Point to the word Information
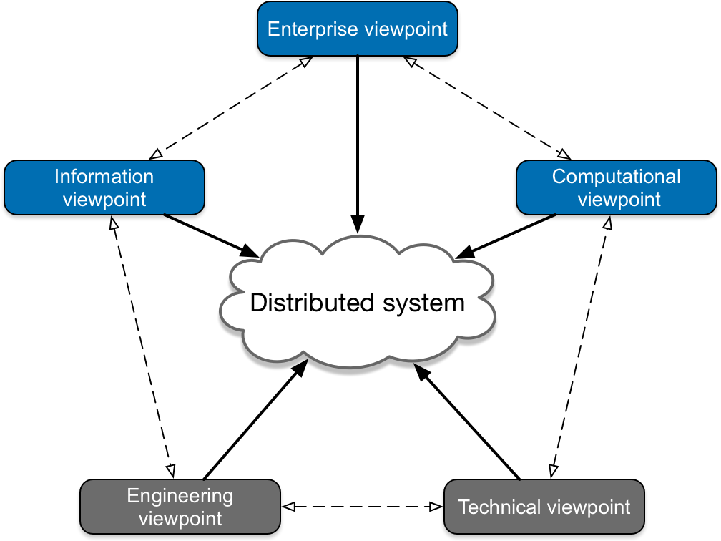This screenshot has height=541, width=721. (x=104, y=177)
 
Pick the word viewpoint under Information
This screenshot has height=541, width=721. (x=104, y=200)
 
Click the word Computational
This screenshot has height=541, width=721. (x=616, y=177)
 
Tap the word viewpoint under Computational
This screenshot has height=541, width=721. (x=619, y=200)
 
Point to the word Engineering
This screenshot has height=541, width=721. (x=180, y=496)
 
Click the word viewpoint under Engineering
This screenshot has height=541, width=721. (x=180, y=519)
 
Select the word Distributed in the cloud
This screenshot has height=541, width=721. (x=313, y=303)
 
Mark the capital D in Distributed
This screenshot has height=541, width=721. (x=257, y=303)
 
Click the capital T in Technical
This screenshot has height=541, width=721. (x=463, y=507)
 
